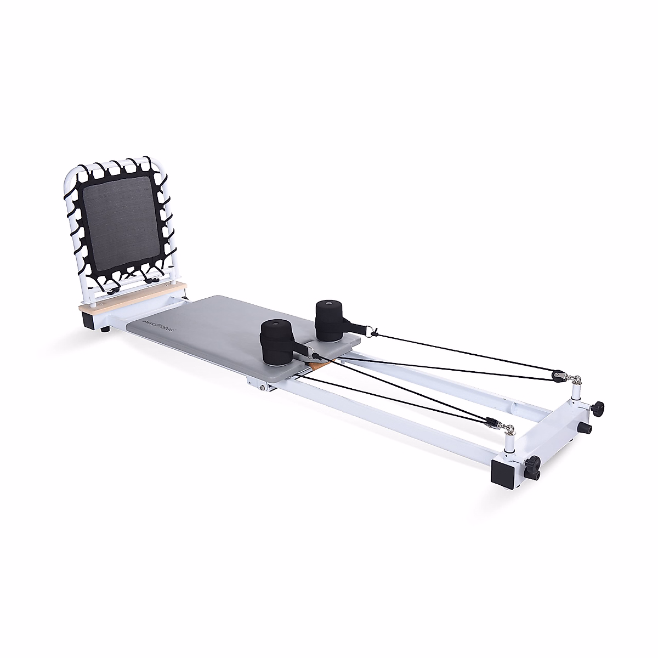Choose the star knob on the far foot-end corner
pyautogui.click(x=598, y=407)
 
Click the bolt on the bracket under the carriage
pyautogui.click(x=264, y=388)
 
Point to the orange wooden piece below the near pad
pyautogui.click(x=315, y=366)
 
